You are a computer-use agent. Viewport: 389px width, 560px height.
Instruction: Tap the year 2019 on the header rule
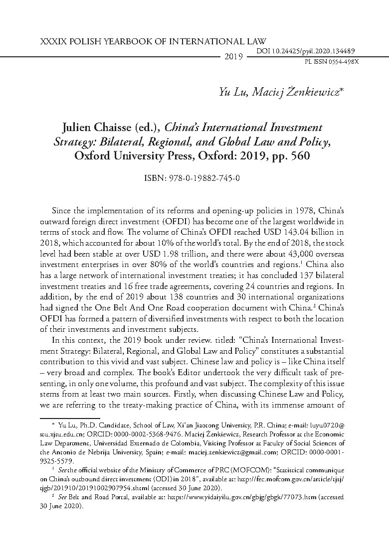coord(233,57)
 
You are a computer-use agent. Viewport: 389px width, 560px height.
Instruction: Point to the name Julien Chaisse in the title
coord(94,128)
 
